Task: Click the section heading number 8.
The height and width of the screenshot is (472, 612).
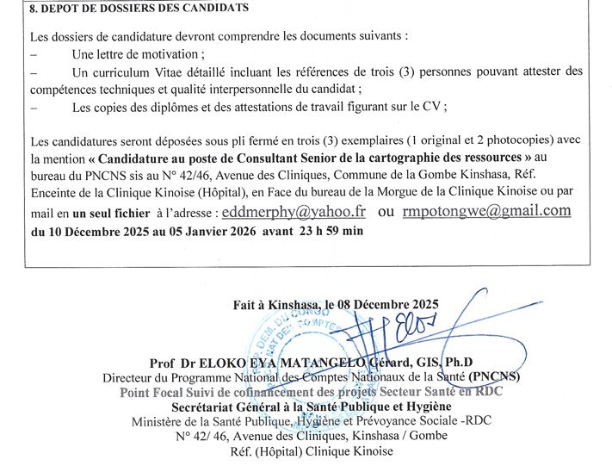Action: click(32, 8)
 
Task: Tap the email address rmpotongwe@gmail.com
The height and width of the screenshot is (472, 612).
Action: click(486, 211)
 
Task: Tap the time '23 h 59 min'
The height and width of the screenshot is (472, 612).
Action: click(331, 231)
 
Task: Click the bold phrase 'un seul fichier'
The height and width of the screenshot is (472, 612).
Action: click(114, 213)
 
